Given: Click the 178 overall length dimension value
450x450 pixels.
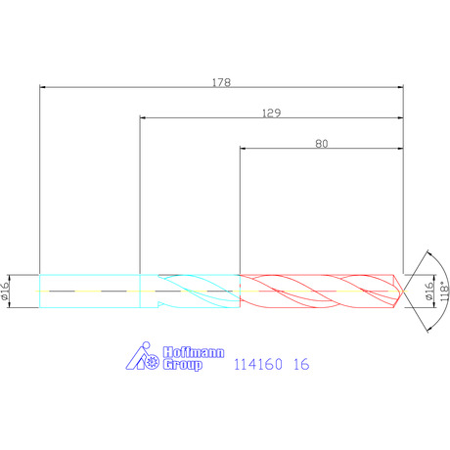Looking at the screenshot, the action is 221,82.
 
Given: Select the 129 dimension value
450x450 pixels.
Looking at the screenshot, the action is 271,112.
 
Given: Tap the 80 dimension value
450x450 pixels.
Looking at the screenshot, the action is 322,144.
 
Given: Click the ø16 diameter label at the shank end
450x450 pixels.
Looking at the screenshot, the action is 5,291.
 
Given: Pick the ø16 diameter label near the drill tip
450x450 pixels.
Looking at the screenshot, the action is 429,291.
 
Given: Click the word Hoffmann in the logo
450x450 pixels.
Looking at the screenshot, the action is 194,352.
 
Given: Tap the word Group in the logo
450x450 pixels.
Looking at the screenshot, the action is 183,365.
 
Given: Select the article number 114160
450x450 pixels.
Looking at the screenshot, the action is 258,364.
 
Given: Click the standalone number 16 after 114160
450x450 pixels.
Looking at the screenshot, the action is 301,364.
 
